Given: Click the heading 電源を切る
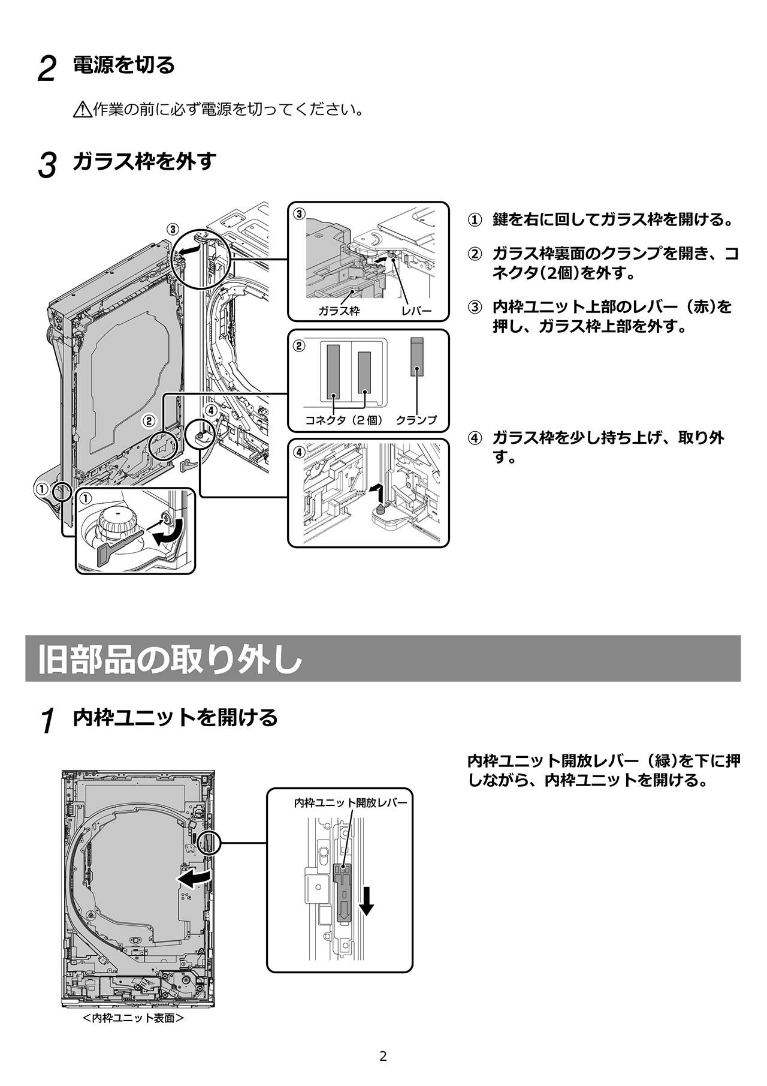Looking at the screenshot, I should [123, 65].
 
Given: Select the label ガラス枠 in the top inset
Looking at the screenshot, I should [339, 311].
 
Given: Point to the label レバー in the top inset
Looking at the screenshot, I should [416, 311].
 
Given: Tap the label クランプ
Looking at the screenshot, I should [416, 420].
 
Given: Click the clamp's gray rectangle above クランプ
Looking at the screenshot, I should [417, 357].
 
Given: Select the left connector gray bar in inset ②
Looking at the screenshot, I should [333, 372].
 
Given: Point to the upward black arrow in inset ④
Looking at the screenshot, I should [375, 495].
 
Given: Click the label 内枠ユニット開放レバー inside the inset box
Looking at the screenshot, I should [351, 802].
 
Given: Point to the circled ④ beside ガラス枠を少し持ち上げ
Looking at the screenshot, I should [474, 438].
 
